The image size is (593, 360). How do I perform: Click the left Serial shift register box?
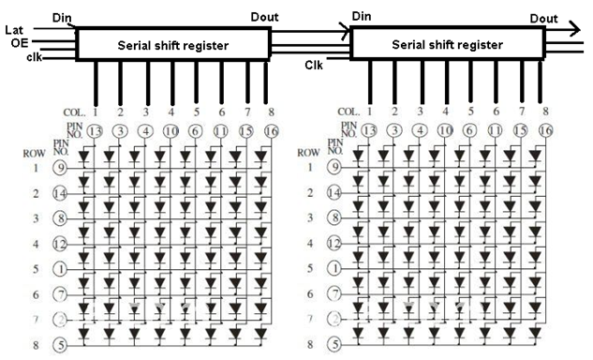point(172,43)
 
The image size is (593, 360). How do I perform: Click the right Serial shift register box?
point(447,43)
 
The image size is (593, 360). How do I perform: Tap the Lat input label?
point(13,30)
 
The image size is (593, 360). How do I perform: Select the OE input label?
point(18,42)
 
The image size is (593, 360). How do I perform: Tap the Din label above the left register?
point(63,16)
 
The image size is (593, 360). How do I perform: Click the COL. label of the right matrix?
point(347,112)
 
